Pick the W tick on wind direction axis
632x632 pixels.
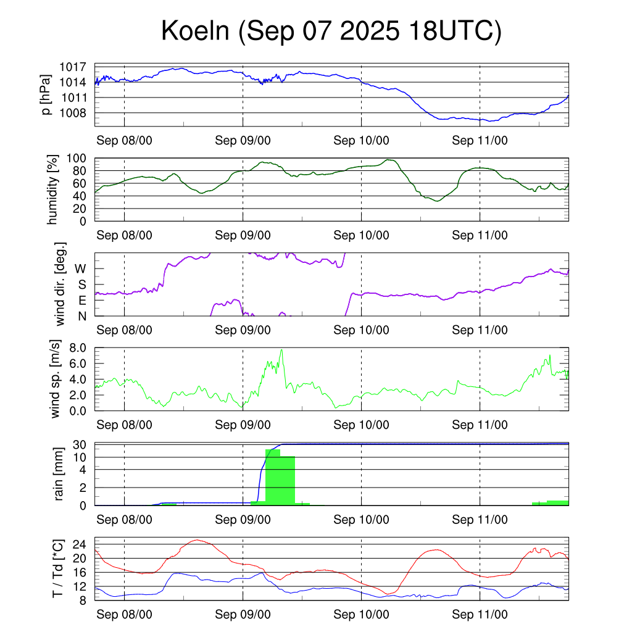point(81,268)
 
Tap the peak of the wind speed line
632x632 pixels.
point(281,350)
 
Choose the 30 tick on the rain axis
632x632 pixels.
point(80,445)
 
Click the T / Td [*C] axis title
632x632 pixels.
point(57,568)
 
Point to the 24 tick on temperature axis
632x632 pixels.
point(81,544)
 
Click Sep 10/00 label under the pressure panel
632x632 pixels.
point(361,141)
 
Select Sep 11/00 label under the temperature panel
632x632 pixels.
point(480,615)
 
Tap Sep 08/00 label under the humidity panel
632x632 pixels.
point(125,235)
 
